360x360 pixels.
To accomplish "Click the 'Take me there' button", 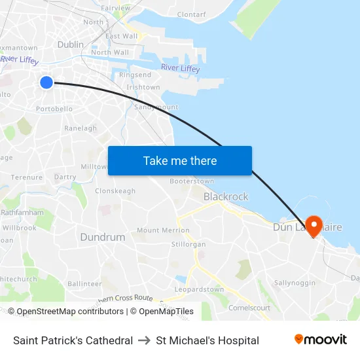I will [180, 160].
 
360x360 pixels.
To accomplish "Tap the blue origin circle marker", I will [46, 82].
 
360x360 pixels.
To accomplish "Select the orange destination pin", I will [314, 226].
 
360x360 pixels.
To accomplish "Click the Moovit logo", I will [321, 340].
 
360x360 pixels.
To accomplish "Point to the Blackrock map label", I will [226, 196].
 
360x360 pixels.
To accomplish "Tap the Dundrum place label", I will [102, 237].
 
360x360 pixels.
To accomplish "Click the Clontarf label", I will [191, 14].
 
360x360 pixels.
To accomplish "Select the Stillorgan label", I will [188, 244].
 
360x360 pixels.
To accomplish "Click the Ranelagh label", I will [81, 128].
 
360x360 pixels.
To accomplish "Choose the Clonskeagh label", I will [115, 191].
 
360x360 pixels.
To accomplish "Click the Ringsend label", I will [135, 75].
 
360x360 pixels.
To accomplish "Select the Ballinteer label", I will [84, 284].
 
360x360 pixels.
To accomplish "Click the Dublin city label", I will [71, 45].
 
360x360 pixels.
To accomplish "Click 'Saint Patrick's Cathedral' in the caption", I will [73, 340].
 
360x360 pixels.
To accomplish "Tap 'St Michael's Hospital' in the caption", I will [207, 340].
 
